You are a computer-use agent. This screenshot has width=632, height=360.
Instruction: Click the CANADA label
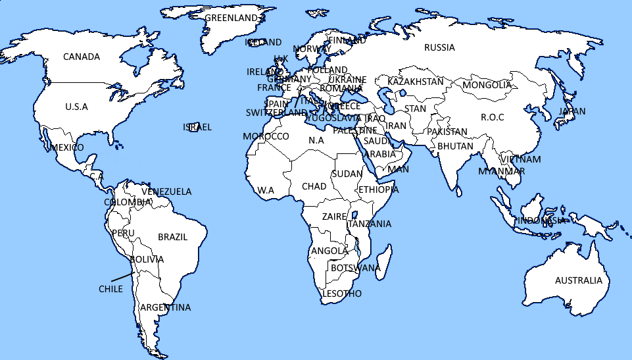coord(82,57)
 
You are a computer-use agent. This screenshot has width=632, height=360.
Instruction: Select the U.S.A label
coord(76,107)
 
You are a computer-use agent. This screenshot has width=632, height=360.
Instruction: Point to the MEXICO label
coord(67,147)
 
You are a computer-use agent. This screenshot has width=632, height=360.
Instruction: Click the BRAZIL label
coord(173,237)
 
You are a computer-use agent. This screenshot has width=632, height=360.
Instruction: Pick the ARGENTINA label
coord(166,307)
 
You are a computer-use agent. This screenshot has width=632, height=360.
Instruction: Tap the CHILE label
coord(110,289)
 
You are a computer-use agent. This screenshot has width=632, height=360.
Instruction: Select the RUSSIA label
coord(439,47)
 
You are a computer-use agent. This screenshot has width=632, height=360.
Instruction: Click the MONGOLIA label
coord(487,85)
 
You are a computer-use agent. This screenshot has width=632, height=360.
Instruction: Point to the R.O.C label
coord(492,117)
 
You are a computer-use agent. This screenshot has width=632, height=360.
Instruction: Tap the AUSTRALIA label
coord(578,280)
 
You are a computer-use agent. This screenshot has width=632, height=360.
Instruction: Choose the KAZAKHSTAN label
coord(416,82)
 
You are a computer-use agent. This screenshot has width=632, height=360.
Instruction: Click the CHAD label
coord(314,186)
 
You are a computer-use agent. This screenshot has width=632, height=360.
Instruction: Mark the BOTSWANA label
coord(355,268)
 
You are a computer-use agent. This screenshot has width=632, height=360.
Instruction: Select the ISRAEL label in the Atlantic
coord(197,127)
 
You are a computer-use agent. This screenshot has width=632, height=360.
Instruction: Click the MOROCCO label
coord(266,136)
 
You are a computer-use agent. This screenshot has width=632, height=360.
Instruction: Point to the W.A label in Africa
coord(266,190)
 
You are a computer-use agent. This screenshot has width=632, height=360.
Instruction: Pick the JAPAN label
coord(571,111)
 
